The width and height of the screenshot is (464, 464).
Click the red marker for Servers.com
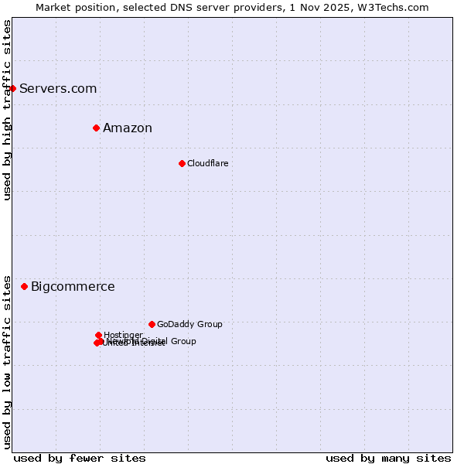pyautogui.click(x=12, y=88)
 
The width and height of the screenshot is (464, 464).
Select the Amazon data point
pyautogui.click(x=96, y=128)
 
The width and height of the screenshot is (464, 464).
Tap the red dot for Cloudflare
pyautogui.click(x=182, y=163)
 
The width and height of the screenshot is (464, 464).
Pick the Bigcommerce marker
pyautogui.click(x=24, y=286)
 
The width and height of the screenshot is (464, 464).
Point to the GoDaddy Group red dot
pyautogui.click(x=152, y=324)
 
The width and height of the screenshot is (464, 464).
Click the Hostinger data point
pyautogui.click(x=98, y=335)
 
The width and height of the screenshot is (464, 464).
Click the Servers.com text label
pyautogui.click(x=58, y=88)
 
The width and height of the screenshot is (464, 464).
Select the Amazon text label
pyautogui.click(x=128, y=128)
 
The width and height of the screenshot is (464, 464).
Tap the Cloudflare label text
pyautogui.click(x=207, y=163)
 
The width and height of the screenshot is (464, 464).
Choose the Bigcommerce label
pyautogui.click(x=73, y=287)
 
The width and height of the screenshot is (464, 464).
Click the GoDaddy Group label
pyautogui.click(x=189, y=324)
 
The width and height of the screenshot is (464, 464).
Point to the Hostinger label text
pyautogui.click(x=123, y=335)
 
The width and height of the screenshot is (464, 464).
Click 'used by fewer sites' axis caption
pyautogui.click(x=80, y=458)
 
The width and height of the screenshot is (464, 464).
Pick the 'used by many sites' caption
pyautogui.click(x=388, y=458)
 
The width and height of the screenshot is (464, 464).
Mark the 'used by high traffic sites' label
pyautogui.click(x=7, y=110)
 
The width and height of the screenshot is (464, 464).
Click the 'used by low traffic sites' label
pyautogui.click(x=7, y=361)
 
